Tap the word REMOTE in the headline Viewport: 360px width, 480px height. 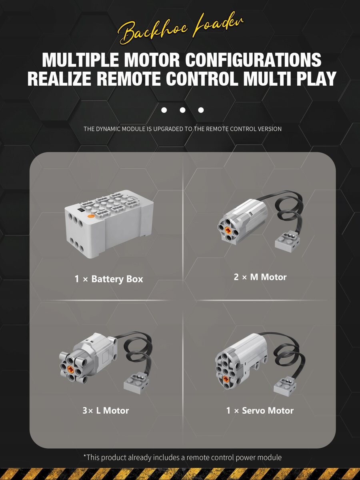tap(129, 78)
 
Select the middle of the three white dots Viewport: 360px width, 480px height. tap(182, 110)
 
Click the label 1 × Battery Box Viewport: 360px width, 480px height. tap(109, 279)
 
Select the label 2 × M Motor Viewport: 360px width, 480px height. tap(260, 277)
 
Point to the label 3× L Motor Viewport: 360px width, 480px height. tap(106, 410)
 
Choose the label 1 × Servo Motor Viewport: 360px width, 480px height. tap(260, 410)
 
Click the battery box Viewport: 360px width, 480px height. tap(109, 224)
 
